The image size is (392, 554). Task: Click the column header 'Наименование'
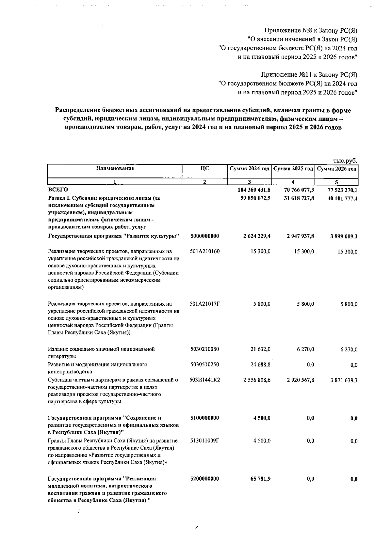pyautogui.click(x=115, y=169)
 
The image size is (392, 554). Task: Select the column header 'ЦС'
pyautogui.click(x=205, y=169)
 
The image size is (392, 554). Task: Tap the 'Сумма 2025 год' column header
pyautogui.click(x=293, y=169)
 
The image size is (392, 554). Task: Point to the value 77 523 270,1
pyautogui.click(x=342, y=190)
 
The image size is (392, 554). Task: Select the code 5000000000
pyautogui.click(x=204, y=236)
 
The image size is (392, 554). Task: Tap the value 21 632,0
pyautogui.click(x=260, y=349)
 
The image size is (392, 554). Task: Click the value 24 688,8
pyautogui.click(x=260, y=364)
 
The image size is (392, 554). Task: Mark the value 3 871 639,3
pyautogui.click(x=344, y=380)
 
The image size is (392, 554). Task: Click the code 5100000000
pyautogui.click(x=204, y=418)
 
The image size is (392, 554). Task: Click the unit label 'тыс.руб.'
pyautogui.click(x=345, y=161)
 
